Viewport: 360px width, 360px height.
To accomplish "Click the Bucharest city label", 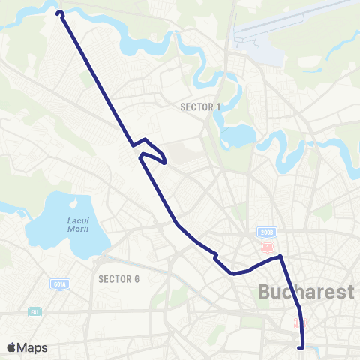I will point(306,292).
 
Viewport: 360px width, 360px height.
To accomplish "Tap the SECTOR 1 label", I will point(200,107).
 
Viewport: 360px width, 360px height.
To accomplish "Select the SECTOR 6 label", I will point(119,279).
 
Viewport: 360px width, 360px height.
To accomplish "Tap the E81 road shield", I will point(34,311).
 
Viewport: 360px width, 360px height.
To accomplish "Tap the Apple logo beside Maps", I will point(12,346).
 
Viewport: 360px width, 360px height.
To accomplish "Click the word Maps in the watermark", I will point(33,347).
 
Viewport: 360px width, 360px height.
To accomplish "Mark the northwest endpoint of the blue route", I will point(59,13).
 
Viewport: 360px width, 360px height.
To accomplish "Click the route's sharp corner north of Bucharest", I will point(280,256).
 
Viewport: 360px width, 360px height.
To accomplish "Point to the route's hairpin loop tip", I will point(164,160).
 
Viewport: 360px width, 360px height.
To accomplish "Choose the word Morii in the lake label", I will point(78,229).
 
